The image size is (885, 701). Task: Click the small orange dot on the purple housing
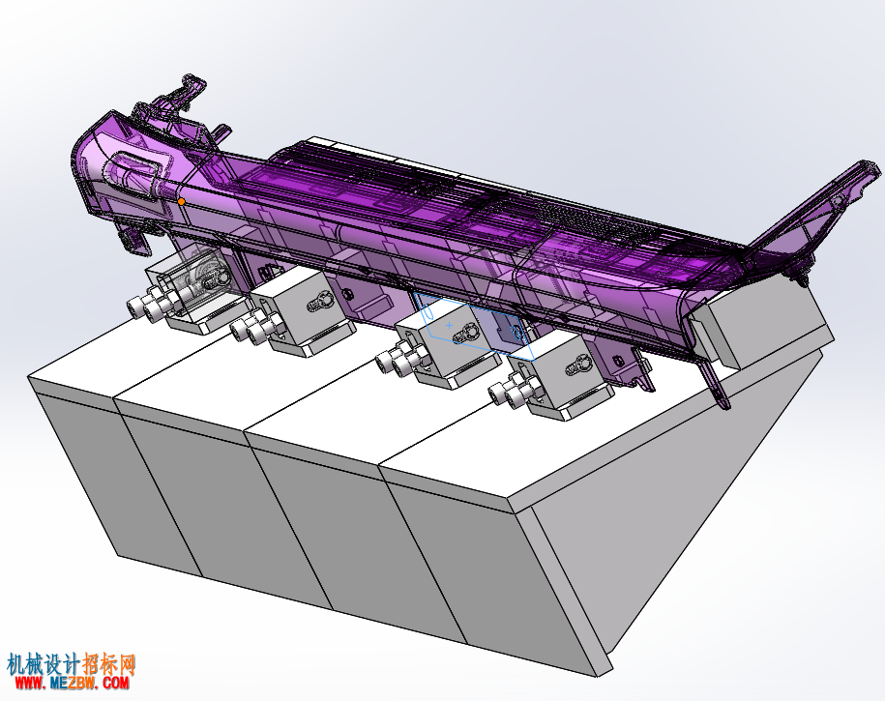(181, 201)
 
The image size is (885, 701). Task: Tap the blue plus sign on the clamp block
(450, 325)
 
